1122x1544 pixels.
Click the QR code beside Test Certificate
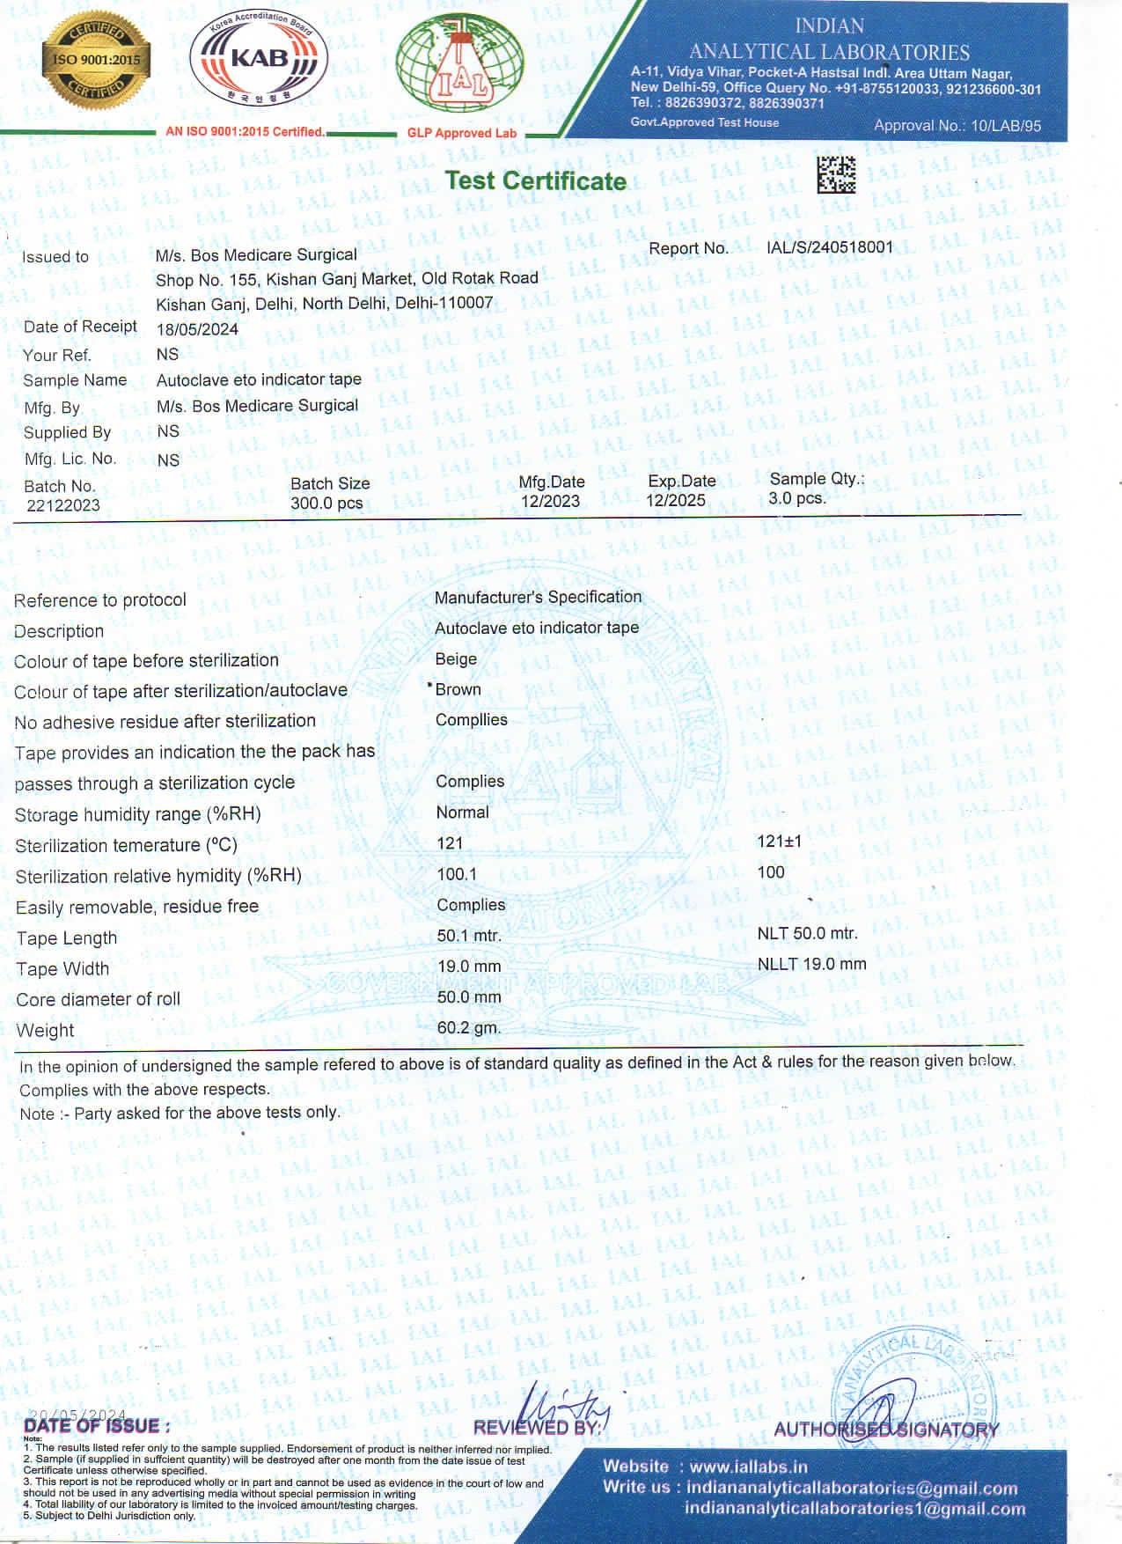coord(835,174)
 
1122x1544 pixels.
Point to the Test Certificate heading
coord(535,180)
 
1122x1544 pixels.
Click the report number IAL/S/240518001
coord(829,247)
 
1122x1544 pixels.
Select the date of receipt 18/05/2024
coord(197,330)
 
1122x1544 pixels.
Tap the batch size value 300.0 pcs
coord(326,504)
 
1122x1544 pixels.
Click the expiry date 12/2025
coord(675,500)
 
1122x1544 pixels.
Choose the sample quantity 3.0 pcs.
coord(796,498)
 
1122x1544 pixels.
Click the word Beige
coord(456,658)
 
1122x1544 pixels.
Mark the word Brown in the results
coord(458,689)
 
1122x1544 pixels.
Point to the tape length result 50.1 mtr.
coord(469,936)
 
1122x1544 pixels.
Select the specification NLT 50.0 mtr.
coord(807,933)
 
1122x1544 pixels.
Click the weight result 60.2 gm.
coord(469,1027)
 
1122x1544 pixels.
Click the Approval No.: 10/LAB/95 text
coord(957,125)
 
